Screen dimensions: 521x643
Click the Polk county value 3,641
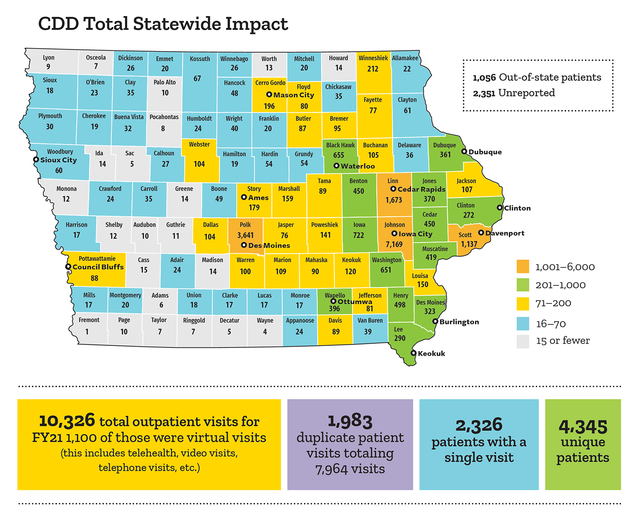pos(245,235)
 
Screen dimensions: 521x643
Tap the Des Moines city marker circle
pos(244,245)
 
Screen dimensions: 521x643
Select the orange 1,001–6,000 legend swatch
pos(523,267)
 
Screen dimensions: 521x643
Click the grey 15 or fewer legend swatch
pos(523,341)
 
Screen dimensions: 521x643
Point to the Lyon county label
pos(48,58)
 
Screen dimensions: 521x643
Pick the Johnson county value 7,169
pos(394,245)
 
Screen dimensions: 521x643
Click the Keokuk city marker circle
pos(413,353)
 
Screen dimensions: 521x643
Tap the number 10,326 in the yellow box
pos(67,421)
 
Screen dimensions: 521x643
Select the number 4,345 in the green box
pos(583,427)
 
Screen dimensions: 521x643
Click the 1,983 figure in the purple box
pos(350,421)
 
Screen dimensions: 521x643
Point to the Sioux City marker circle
pos(36,160)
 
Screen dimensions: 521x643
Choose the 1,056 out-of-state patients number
pos(484,78)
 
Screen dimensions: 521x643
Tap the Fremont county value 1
pos(87,332)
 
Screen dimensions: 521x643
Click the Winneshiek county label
pos(373,58)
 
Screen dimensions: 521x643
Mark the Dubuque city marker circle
pos(464,151)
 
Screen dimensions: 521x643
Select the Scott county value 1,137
pos(469,244)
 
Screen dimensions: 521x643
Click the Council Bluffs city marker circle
pos(68,267)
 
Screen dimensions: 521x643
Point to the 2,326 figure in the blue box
pos(479,425)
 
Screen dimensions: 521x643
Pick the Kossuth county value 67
pos(197,79)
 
